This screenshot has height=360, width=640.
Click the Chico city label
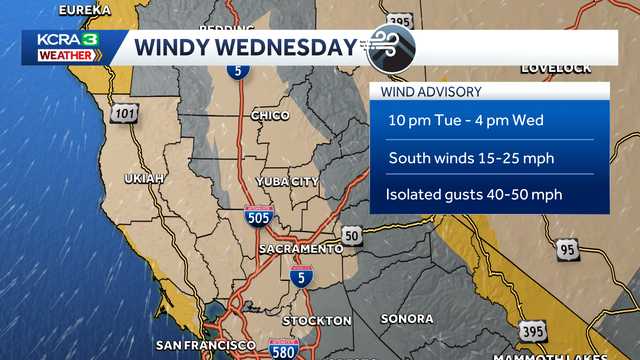(x=270, y=116)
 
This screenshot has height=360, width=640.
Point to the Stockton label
(x=316, y=320)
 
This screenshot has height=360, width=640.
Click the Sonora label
(x=407, y=319)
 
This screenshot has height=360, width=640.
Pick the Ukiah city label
(x=143, y=178)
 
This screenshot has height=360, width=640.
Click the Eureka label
(x=84, y=9)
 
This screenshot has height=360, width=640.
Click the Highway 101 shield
(x=125, y=115)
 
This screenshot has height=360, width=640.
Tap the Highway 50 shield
(x=352, y=234)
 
